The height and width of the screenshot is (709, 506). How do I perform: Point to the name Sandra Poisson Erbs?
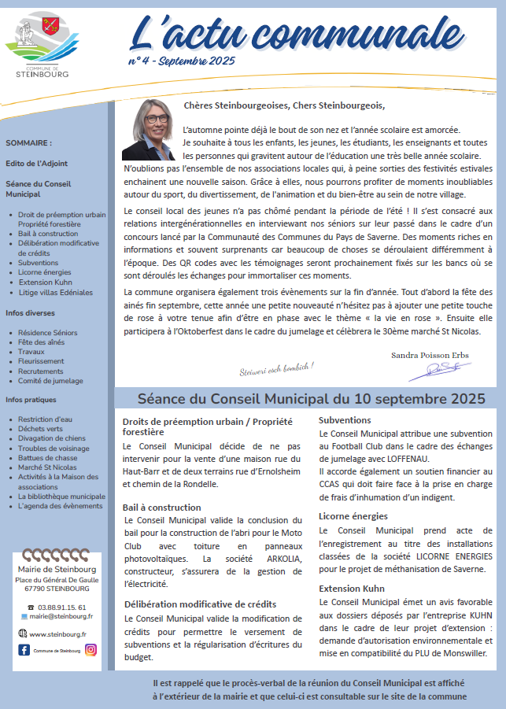click(x=430, y=355)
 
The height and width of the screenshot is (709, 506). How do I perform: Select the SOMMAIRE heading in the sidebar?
click(x=28, y=143)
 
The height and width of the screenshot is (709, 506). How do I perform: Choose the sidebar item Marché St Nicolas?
click(x=49, y=467)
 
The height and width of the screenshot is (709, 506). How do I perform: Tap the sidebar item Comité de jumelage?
click(x=50, y=381)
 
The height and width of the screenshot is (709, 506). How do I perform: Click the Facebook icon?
click(x=24, y=649)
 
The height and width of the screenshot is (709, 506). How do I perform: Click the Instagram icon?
click(x=91, y=649)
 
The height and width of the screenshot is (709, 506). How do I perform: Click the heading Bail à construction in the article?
click(x=163, y=508)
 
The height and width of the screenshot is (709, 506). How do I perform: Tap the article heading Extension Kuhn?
click(x=351, y=588)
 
